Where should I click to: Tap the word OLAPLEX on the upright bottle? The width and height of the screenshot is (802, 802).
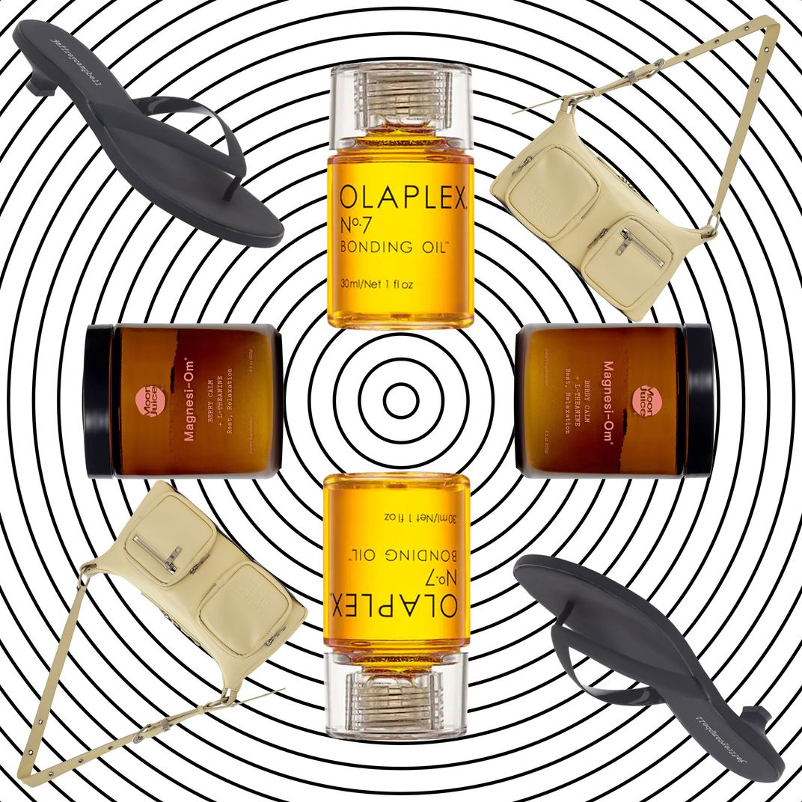[x=401, y=199]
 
